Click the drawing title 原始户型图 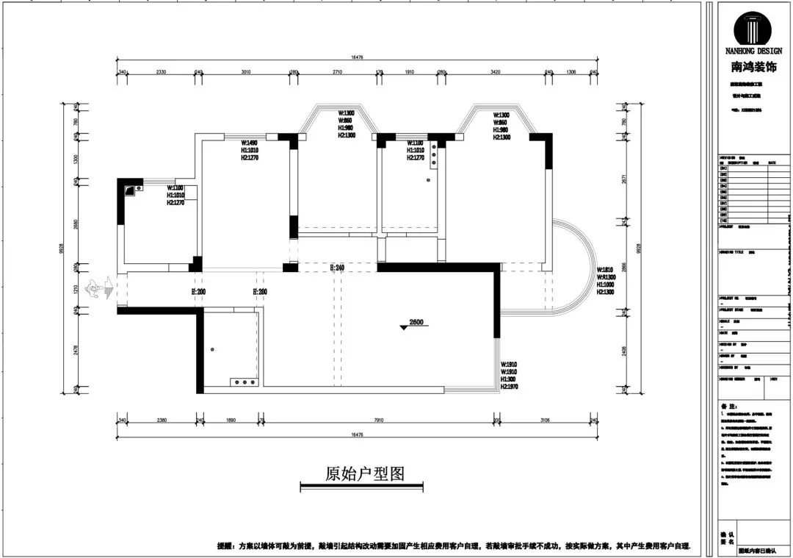click(365, 473)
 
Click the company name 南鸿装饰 click(753, 67)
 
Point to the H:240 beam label click(337, 268)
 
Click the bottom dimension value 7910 click(378, 421)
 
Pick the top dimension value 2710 click(338, 72)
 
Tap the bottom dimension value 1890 click(231, 421)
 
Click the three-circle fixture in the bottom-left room click(242, 382)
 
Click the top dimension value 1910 click(410, 72)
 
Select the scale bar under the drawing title click(362, 486)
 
